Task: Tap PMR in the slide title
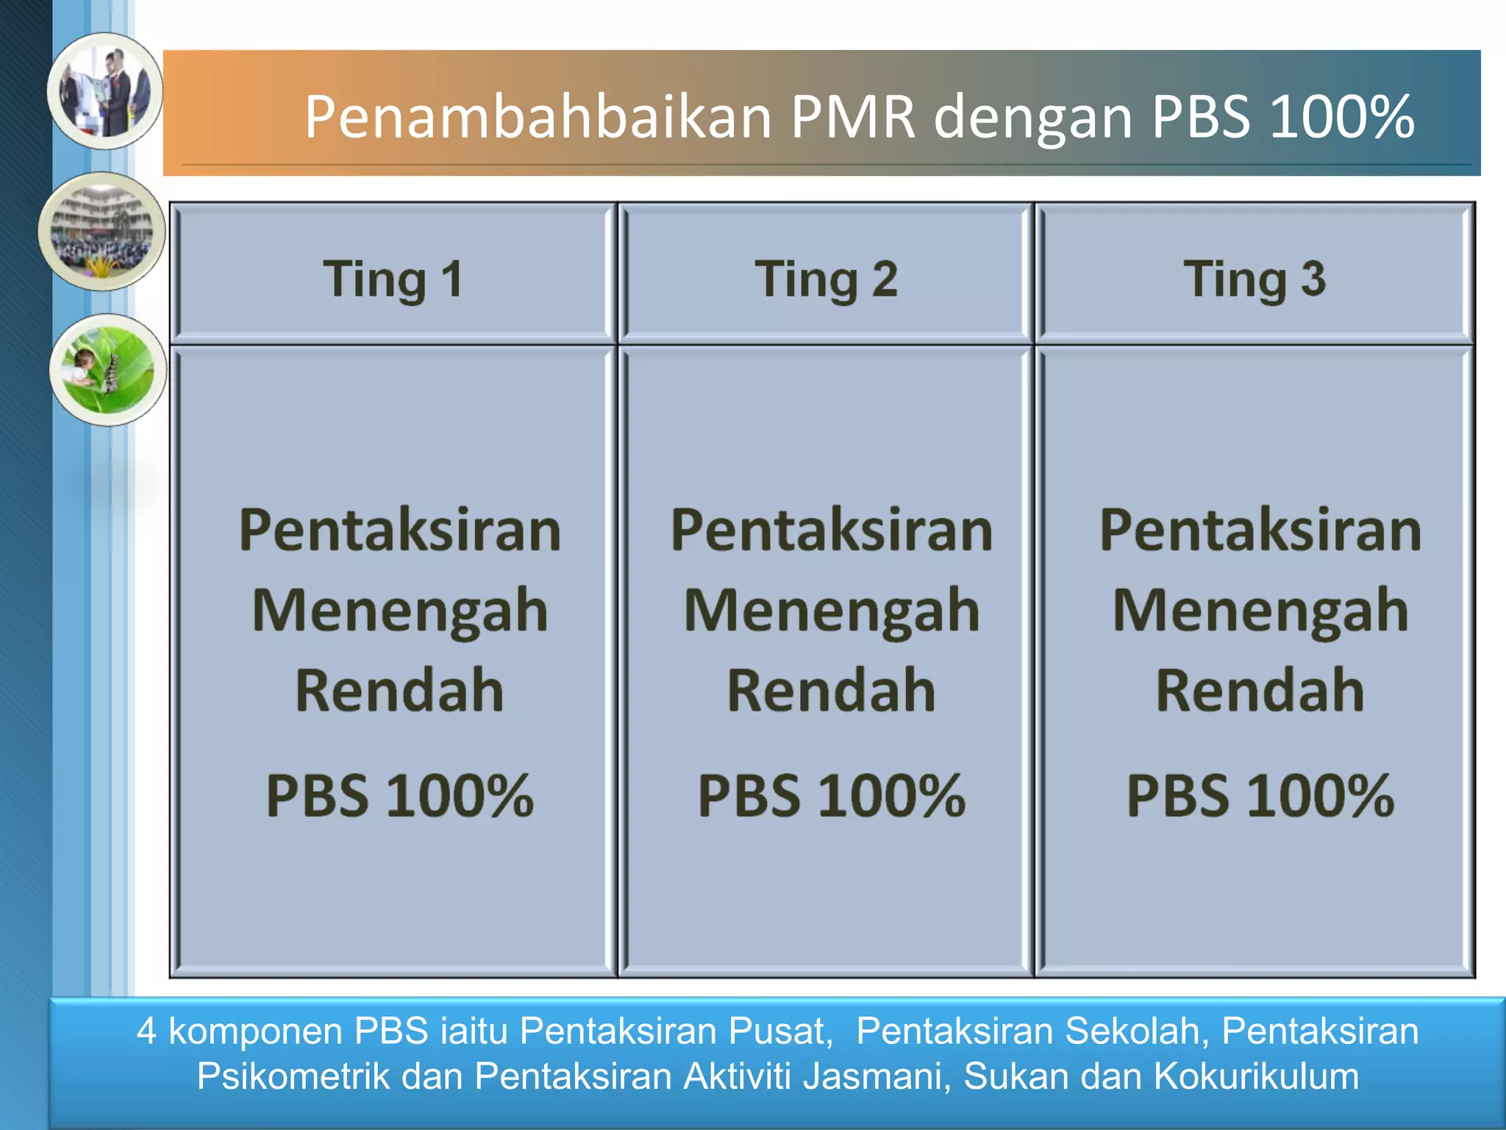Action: (x=853, y=118)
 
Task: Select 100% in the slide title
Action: (x=1341, y=118)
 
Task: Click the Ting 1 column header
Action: (x=393, y=280)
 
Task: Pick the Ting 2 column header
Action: (x=826, y=280)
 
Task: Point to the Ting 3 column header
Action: (x=1255, y=280)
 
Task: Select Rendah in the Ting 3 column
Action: (x=1260, y=691)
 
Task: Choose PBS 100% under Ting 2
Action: (x=831, y=796)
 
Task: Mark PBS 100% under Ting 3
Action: (x=1260, y=796)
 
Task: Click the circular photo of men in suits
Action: (x=105, y=91)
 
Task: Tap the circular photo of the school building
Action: (x=102, y=231)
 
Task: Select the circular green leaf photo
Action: (x=108, y=369)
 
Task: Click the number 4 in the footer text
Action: (x=146, y=1031)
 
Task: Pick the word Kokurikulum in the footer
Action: (x=1256, y=1076)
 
